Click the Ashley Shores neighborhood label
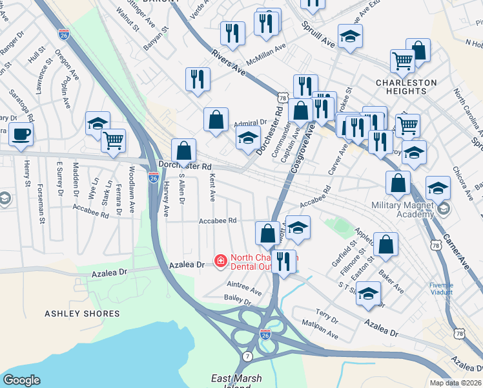tap(82, 314)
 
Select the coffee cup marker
tap(21, 135)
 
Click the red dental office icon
tap(220, 261)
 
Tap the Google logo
tap(21, 380)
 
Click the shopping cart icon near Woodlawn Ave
tap(113, 140)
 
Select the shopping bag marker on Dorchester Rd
tap(184, 151)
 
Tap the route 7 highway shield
tap(247, 356)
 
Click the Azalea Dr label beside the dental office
tap(186, 265)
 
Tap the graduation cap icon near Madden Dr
tap(98, 123)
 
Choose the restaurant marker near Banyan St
tap(197, 79)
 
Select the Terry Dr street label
tap(327, 318)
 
